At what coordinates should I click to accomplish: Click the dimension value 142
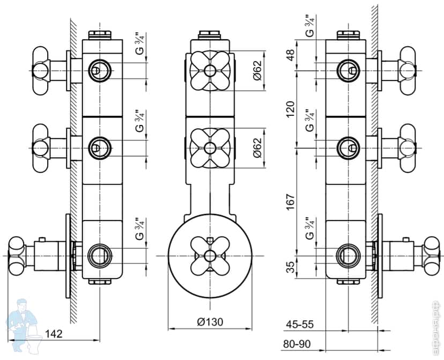pos(54,333)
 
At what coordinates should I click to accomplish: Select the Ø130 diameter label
pos(210,322)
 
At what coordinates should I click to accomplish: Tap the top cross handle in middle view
pos(210,71)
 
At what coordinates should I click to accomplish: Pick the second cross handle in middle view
pos(210,147)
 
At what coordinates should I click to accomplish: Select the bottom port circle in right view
pos(348,254)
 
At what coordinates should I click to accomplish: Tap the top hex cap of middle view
pos(210,36)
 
